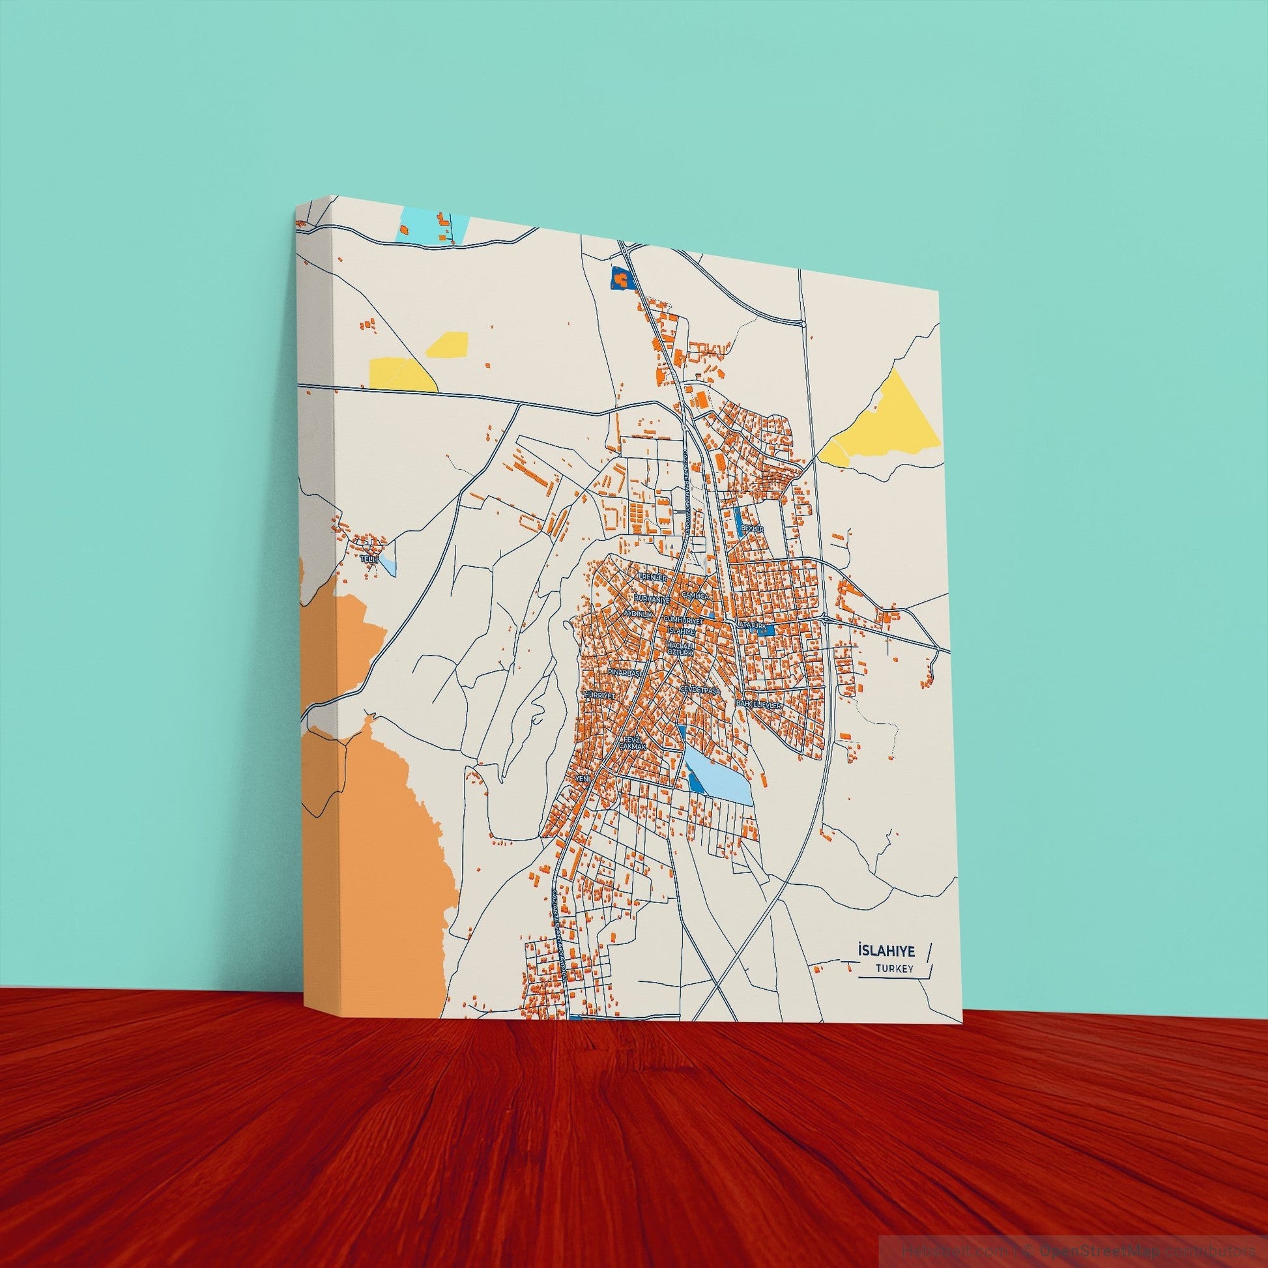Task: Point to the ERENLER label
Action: coord(652,577)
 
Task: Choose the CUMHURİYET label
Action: coord(684,620)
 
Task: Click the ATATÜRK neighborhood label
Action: coord(751,624)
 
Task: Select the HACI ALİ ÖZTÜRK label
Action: coord(680,649)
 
